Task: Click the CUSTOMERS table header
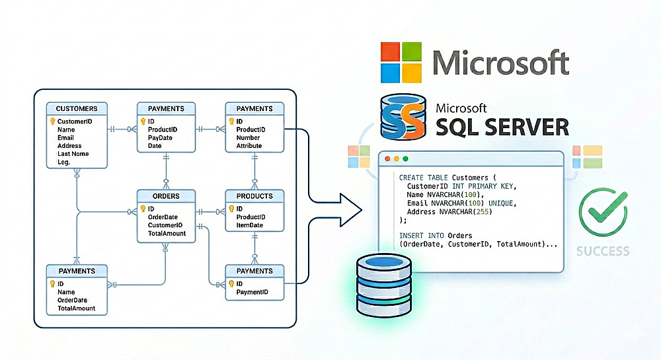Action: (77, 108)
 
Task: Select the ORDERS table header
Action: (166, 196)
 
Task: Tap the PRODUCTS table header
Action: (254, 196)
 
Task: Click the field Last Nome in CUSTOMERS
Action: (73, 154)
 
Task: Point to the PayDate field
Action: (160, 137)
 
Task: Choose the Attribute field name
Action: (249, 145)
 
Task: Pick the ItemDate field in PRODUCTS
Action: (249, 225)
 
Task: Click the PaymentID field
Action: (252, 291)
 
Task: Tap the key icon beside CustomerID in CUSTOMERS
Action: (52, 122)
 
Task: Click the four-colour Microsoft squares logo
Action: (401, 63)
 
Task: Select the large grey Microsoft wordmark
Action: (500, 62)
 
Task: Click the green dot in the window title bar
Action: (405, 159)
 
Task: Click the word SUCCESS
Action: (602, 251)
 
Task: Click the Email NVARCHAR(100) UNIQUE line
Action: (461, 203)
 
